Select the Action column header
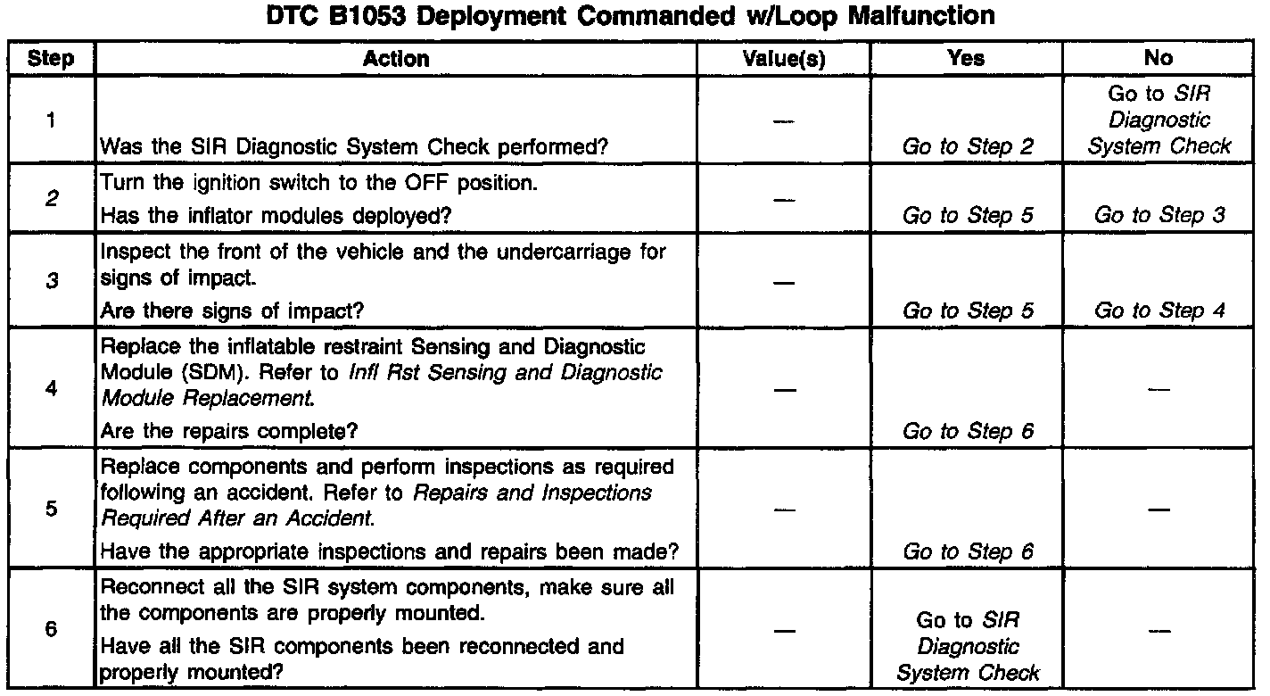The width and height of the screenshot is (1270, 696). click(x=396, y=59)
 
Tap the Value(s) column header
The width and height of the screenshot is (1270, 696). click(x=784, y=59)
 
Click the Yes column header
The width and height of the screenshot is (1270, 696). click(x=967, y=59)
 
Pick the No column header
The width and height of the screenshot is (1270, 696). click(x=1159, y=59)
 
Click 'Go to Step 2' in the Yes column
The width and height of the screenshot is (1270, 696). click(x=968, y=146)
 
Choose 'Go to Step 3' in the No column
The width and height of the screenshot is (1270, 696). click(x=1159, y=215)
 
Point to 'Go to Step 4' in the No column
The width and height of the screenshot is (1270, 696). click(x=1159, y=311)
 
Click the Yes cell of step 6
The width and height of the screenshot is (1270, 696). click(x=968, y=646)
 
